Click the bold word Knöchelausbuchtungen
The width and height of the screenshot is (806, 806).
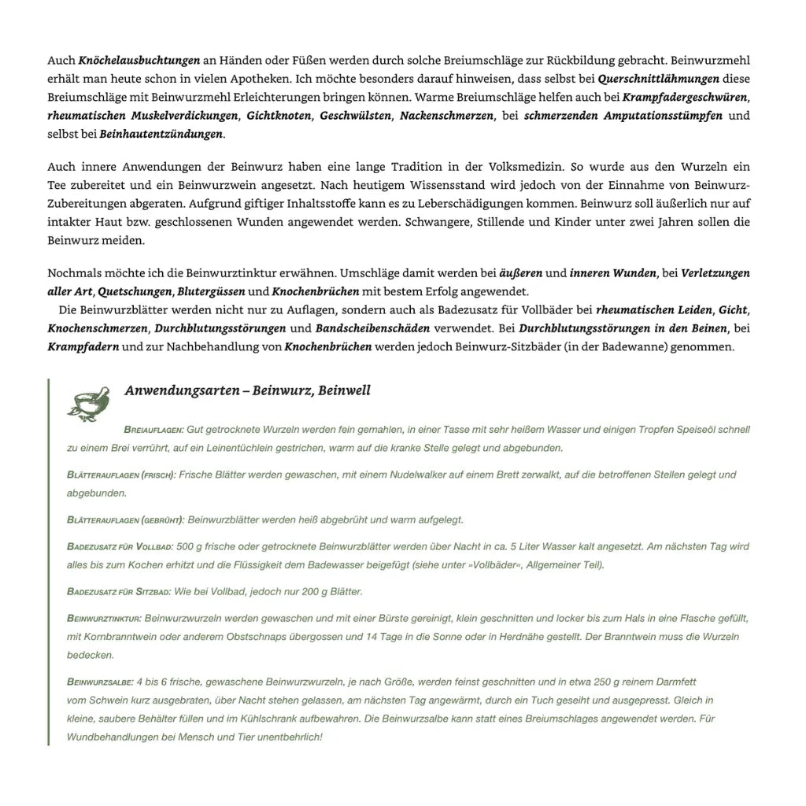pyautogui.click(x=139, y=61)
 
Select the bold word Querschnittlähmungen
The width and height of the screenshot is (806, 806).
pyautogui.click(x=658, y=79)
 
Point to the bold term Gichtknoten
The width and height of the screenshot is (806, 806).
pyautogui.click(x=279, y=116)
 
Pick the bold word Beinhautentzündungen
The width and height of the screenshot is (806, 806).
pyautogui.click(x=161, y=135)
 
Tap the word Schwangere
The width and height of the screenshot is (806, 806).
pyautogui.click(x=435, y=222)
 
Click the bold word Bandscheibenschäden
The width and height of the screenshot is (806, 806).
pyautogui.click(x=372, y=328)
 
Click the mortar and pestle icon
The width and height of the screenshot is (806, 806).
pyautogui.click(x=88, y=402)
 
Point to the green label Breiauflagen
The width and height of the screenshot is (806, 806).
pyautogui.click(x=153, y=431)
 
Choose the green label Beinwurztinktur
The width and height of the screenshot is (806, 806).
pyautogui.click(x=104, y=619)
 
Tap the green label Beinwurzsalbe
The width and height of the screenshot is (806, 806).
pyautogui.click(x=101, y=682)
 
